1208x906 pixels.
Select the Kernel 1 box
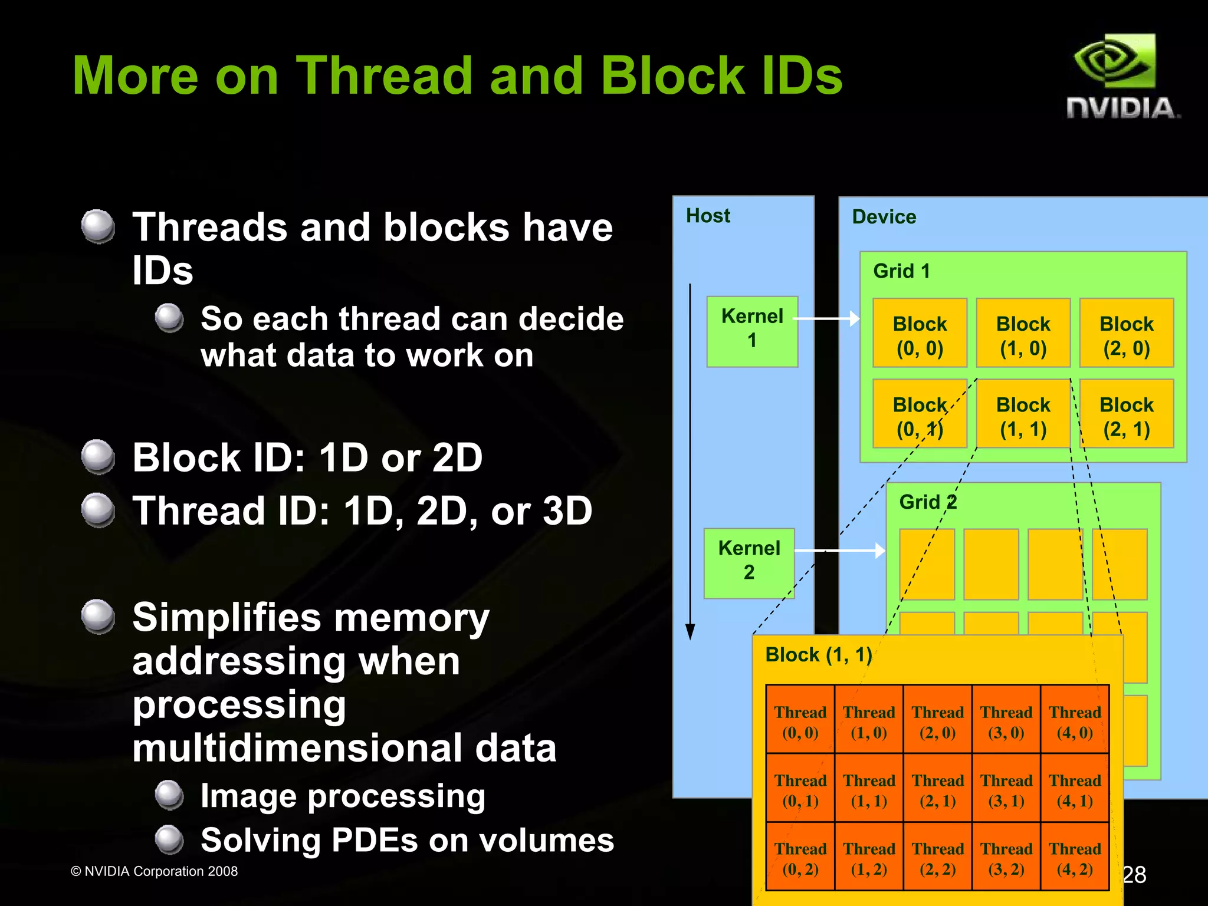coord(752,331)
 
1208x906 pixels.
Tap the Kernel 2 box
coord(749,563)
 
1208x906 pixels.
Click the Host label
coord(708,216)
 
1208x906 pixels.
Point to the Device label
coord(884,217)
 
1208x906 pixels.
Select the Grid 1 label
coord(901,271)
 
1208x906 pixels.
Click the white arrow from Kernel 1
coord(826,319)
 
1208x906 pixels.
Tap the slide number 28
coord(1134,875)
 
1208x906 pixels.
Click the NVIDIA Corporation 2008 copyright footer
coord(155,871)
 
